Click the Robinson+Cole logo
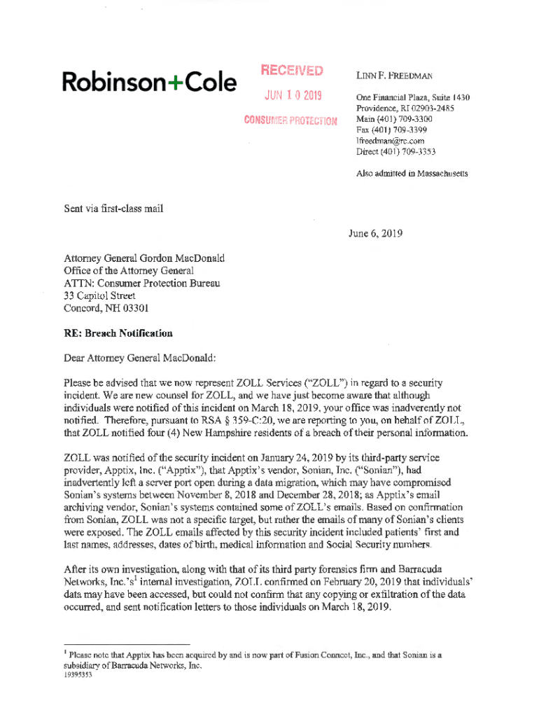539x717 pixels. pos(149,83)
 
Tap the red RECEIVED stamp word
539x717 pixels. pos(292,71)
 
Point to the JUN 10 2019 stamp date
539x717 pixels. pos(293,96)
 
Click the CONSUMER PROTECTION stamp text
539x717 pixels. pos(290,120)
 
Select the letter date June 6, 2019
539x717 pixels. pos(375,234)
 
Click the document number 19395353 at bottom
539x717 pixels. pos(78,677)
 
